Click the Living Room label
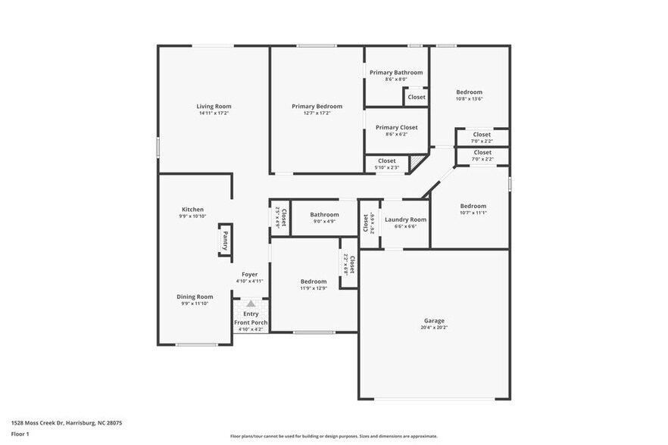pyautogui.click(x=214, y=107)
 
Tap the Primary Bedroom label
pyautogui.click(x=317, y=107)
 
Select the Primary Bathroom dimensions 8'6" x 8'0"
pyautogui.click(x=396, y=79)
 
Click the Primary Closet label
pyautogui.click(x=396, y=127)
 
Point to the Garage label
pyautogui.click(x=434, y=321)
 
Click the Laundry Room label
pyautogui.click(x=405, y=219)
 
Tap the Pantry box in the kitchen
pyautogui.click(x=225, y=241)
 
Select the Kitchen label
pyautogui.click(x=192, y=210)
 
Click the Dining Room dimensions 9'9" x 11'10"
pyautogui.click(x=195, y=303)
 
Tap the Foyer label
pyautogui.click(x=249, y=274)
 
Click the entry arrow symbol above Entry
pyautogui.click(x=251, y=303)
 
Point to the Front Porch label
pyautogui.click(x=250, y=322)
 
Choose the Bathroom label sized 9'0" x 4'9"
pyautogui.click(x=324, y=215)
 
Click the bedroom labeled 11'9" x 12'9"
pyautogui.click(x=314, y=282)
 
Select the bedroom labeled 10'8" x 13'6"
pyautogui.click(x=469, y=92)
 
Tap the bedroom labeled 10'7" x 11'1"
pyautogui.click(x=473, y=206)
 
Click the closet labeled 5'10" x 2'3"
pyautogui.click(x=386, y=160)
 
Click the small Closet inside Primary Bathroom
pyautogui.click(x=417, y=97)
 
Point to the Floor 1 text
pyautogui.click(x=20, y=434)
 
